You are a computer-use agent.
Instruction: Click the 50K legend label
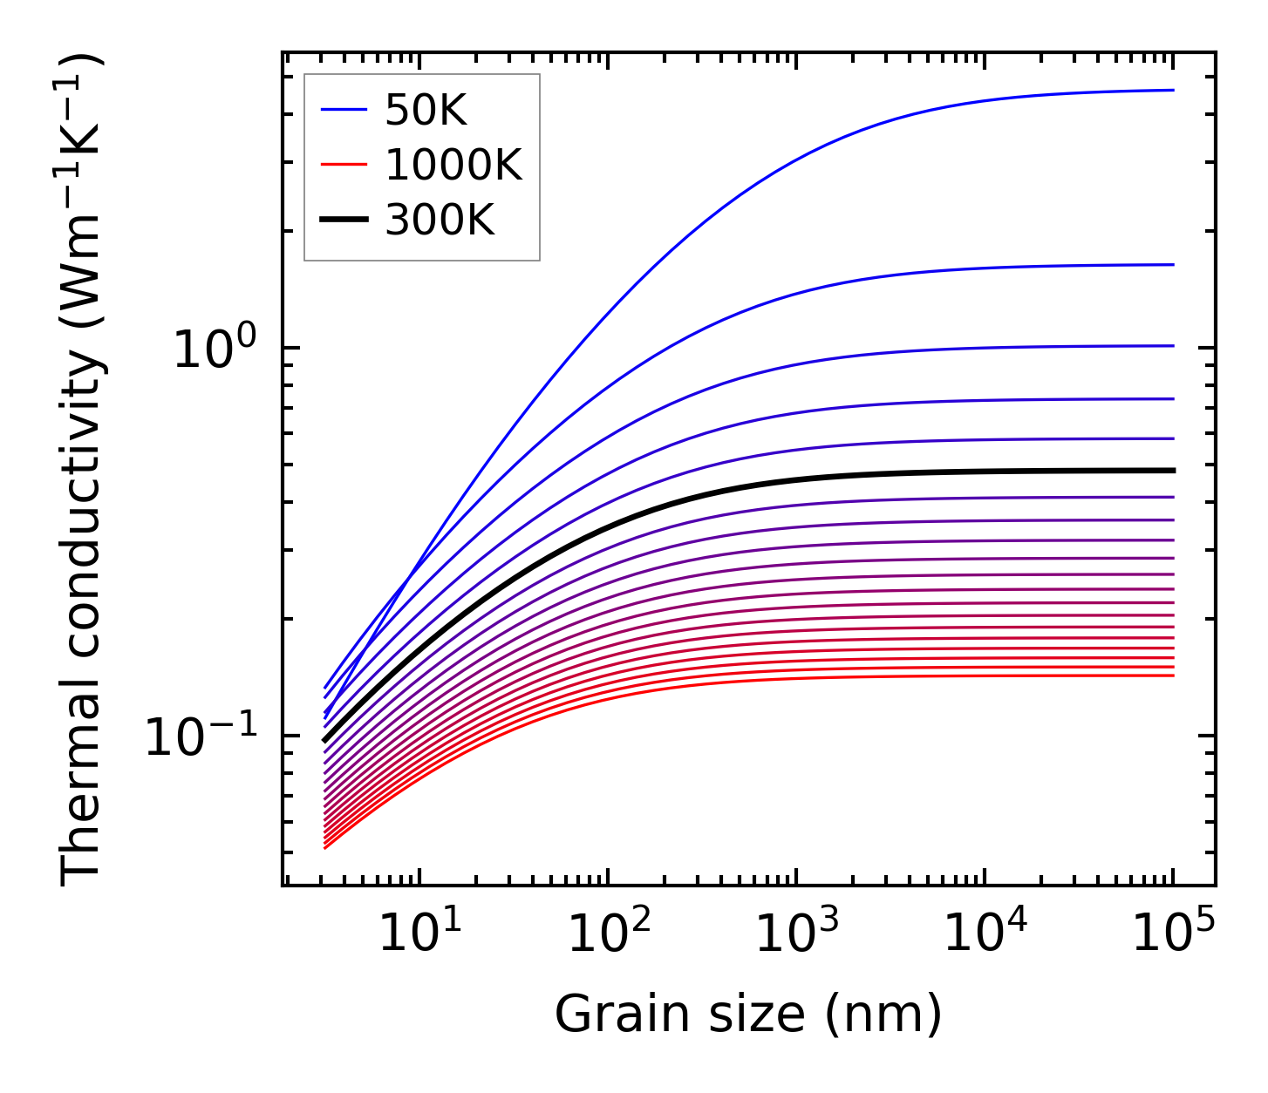[426, 111]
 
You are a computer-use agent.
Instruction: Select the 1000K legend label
[453, 166]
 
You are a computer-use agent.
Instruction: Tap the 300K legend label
[440, 221]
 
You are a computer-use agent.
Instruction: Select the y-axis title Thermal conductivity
[82, 469]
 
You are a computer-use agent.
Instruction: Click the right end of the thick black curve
[1173, 471]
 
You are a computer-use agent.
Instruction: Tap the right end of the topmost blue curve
[1173, 90]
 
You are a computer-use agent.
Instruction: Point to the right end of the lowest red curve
[1173, 675]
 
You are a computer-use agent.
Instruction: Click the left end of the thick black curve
[324, 741]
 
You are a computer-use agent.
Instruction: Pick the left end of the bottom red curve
[324, 848]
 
